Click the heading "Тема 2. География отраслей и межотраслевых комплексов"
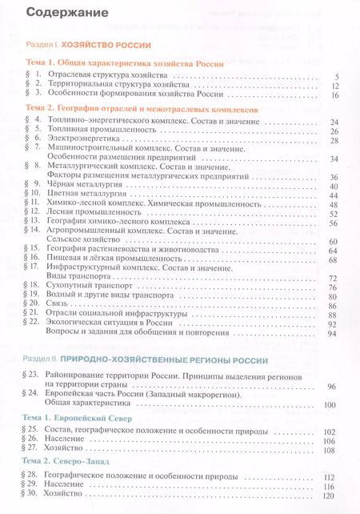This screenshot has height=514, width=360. [137, 106]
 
